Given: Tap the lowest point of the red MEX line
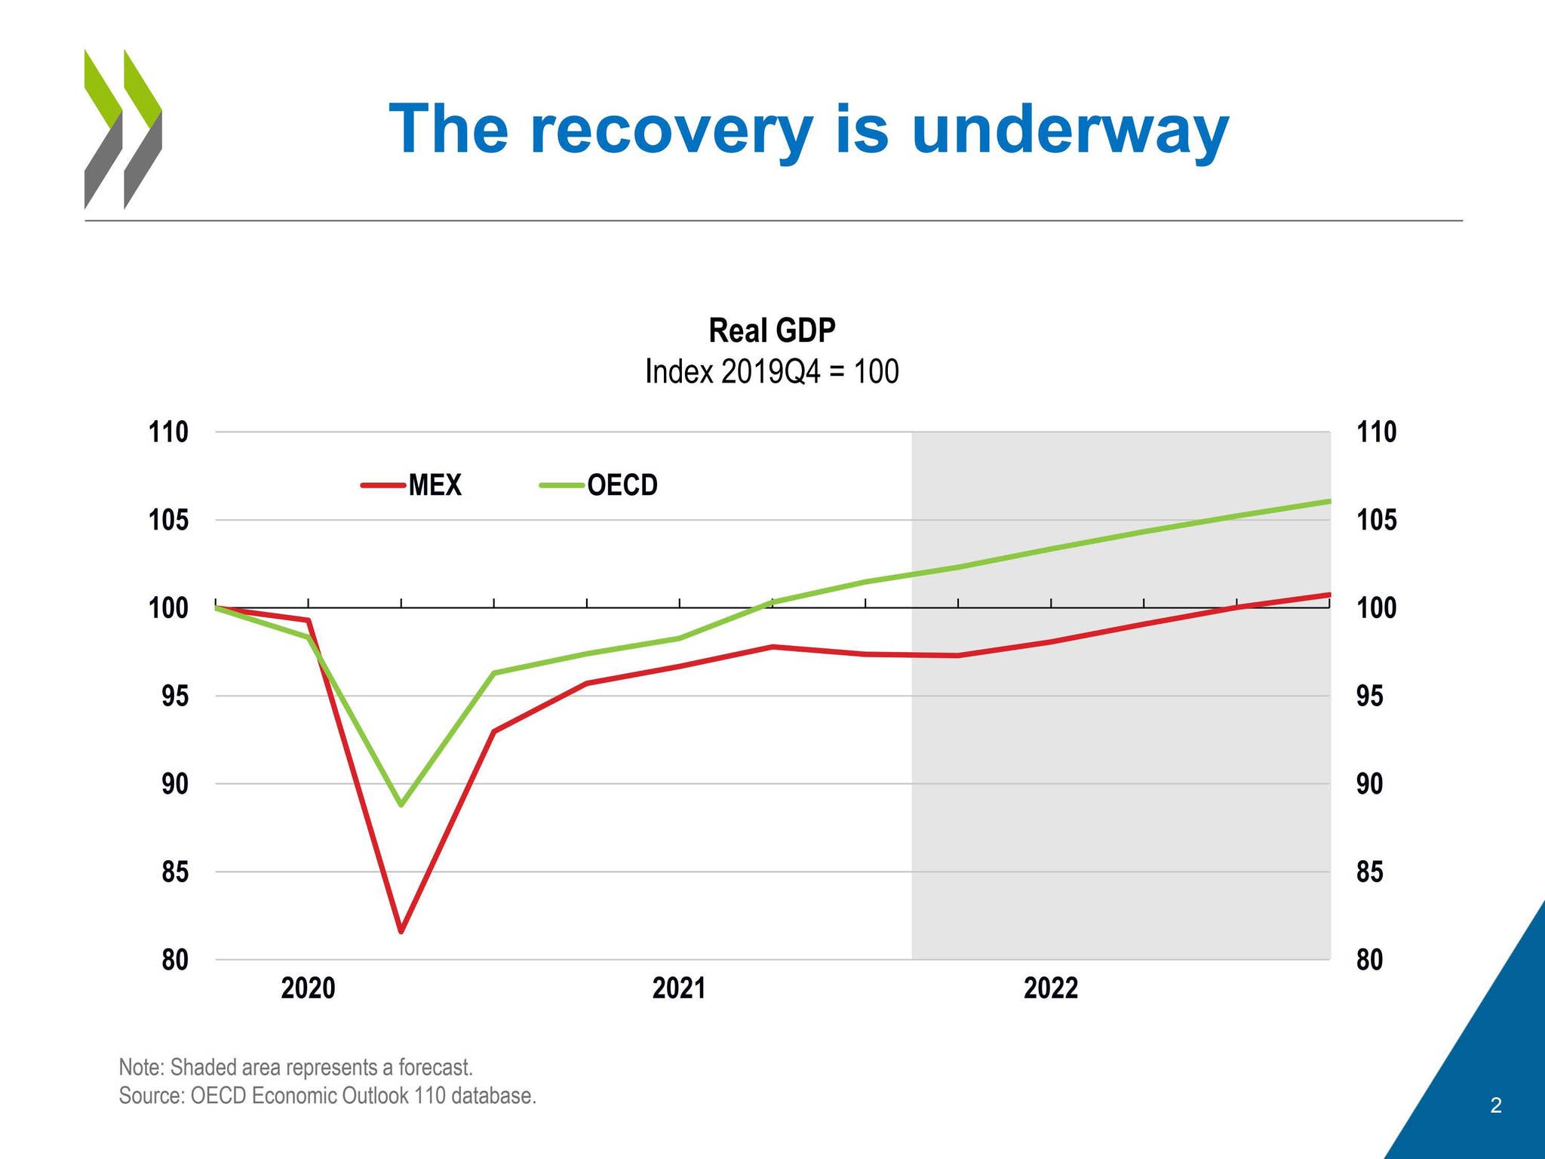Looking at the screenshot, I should point(401,931).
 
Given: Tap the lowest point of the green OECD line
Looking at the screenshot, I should point(401,805).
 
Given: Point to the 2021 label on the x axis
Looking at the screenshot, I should point(679,988).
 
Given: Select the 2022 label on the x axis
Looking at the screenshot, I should point(1050,988).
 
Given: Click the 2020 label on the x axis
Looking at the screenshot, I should point(308,988).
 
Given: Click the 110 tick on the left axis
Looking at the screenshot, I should point(167,432).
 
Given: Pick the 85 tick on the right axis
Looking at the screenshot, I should point(1370,872).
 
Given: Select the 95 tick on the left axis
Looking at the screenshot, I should point(174,696).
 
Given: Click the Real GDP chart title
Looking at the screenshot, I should point(772,330).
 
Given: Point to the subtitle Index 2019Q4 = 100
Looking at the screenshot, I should point(772,372).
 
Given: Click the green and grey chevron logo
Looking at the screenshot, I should point(122,128).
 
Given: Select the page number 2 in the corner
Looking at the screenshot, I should point(1496,1106).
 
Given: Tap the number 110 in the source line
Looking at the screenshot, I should point(429,1095).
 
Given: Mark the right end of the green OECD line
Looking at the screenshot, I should point(1328,501).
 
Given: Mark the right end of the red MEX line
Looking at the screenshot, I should point(1328,595).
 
